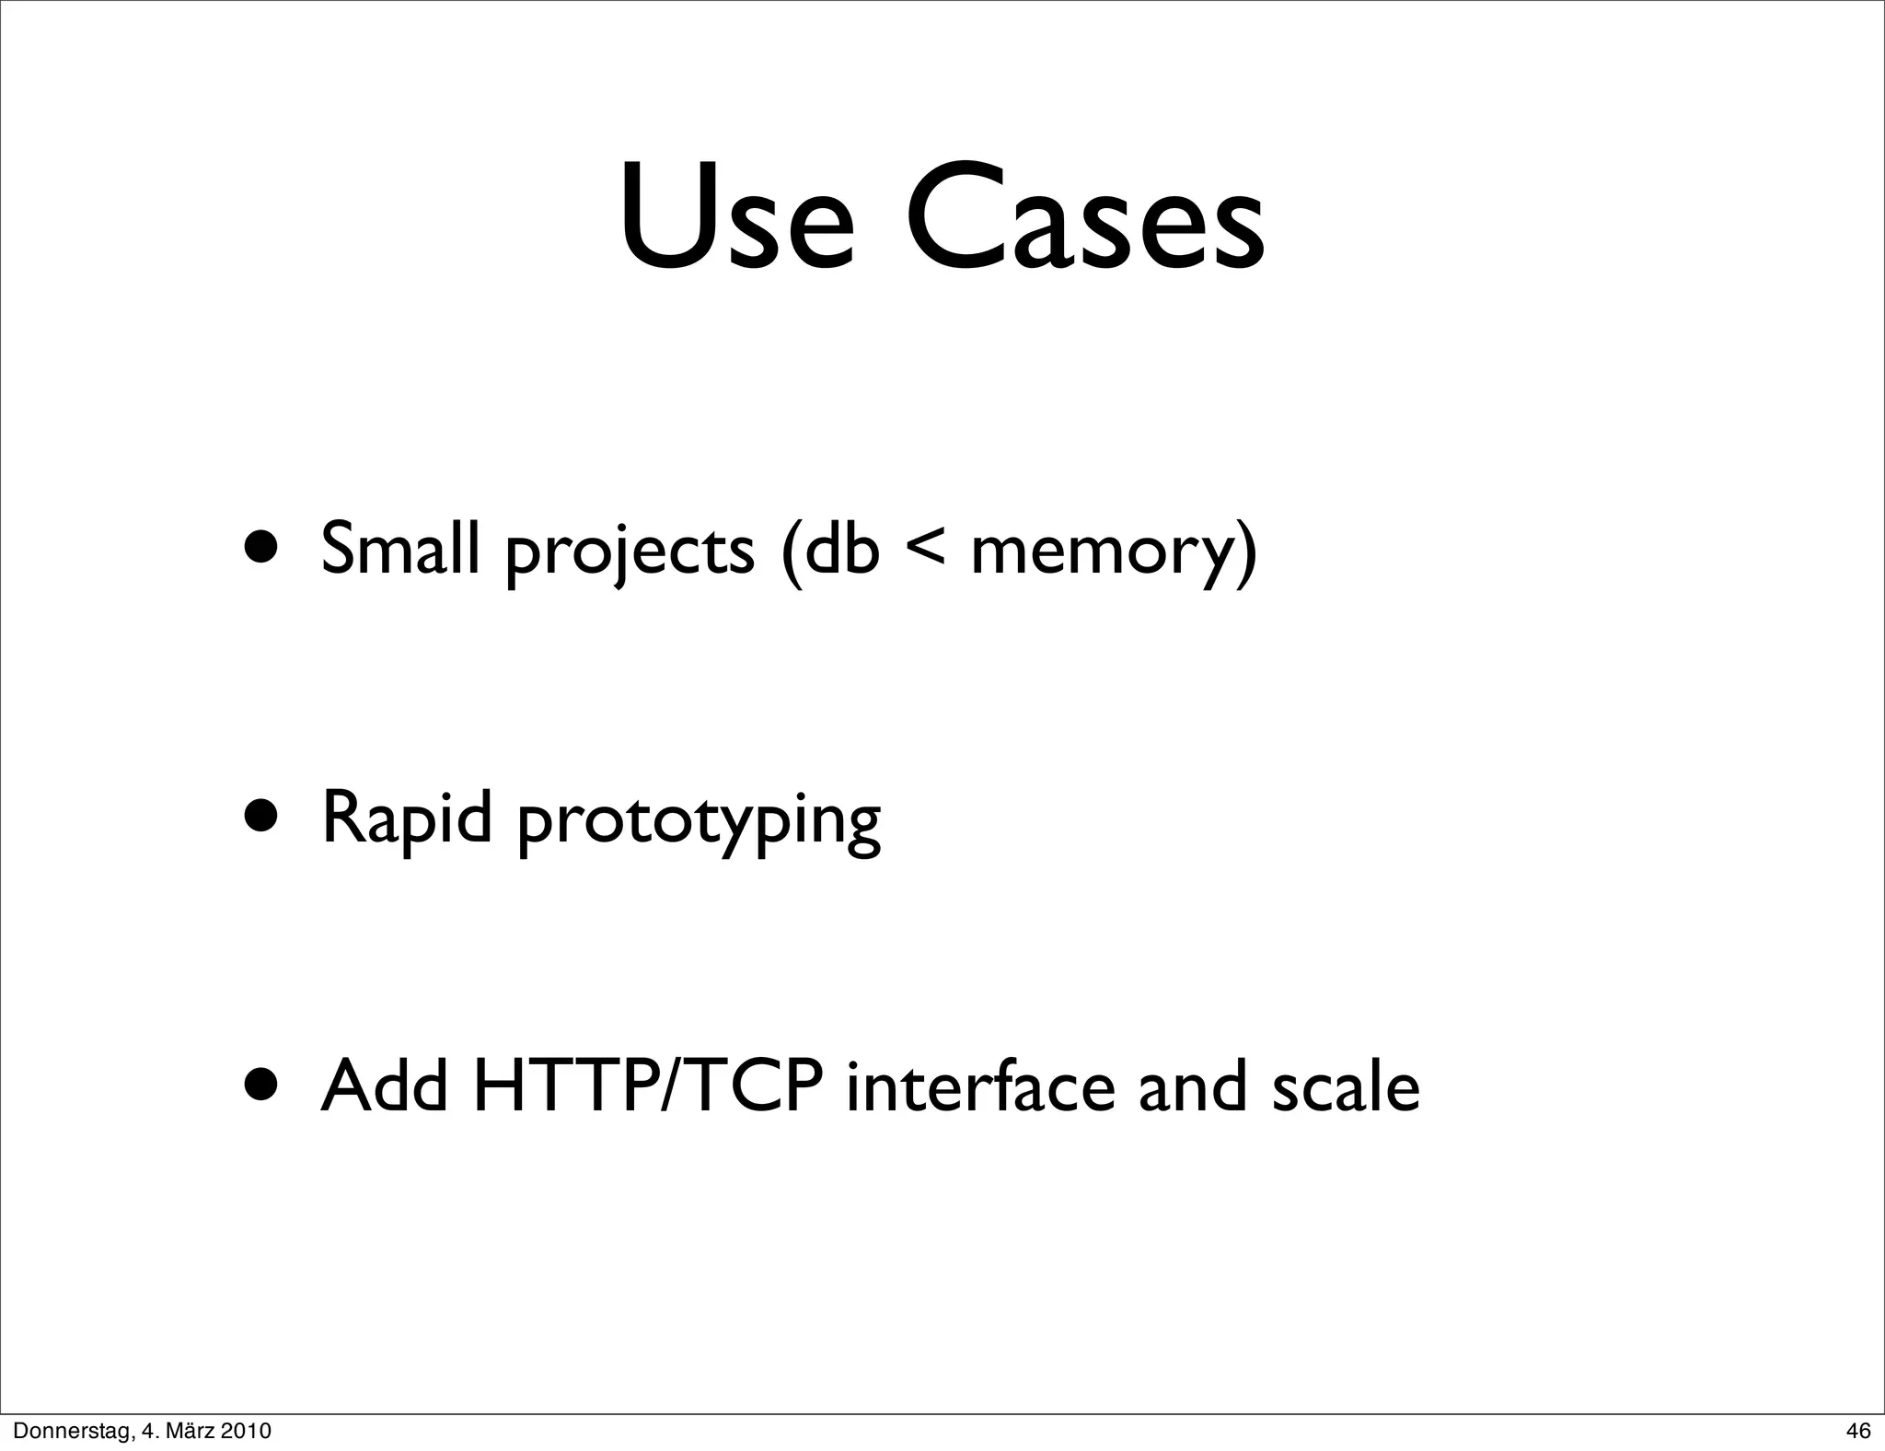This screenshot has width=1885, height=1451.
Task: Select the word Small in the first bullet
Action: [x=400, y=549]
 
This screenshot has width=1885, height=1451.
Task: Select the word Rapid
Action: [x=407, y=818]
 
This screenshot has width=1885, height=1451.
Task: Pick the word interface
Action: [x=980, y=1086]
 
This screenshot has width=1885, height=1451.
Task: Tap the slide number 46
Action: [x=1858, y=1431]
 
